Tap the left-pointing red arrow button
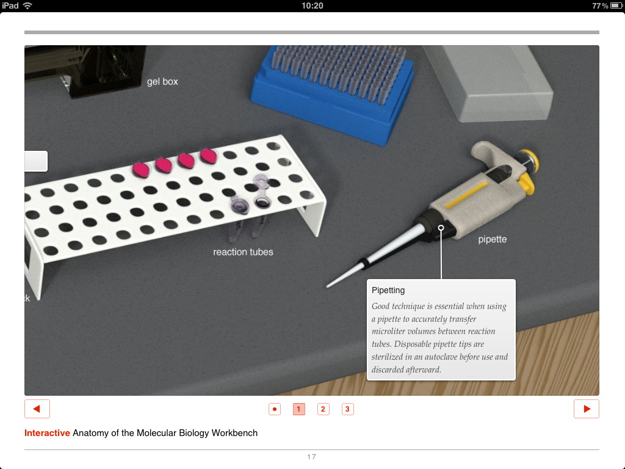click(37, 409)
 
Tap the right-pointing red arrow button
click(587, 409)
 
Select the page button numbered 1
click(298, 409)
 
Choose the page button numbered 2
click(323, 409)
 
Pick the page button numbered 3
click(347, 409)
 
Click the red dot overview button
click(275, 409)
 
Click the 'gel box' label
click(162, 82)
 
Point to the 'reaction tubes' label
click(243, 252)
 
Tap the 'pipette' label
click(493, 239)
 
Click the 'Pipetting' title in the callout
click(388, 290)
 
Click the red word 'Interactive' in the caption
click(47, 433)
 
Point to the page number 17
click(311, 457)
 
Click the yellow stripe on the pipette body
click(466, 195)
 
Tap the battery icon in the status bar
click(616, 5)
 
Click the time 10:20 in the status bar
click(312, 5)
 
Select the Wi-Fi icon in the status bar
click(27, 5)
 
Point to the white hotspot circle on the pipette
click(441, 228)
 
